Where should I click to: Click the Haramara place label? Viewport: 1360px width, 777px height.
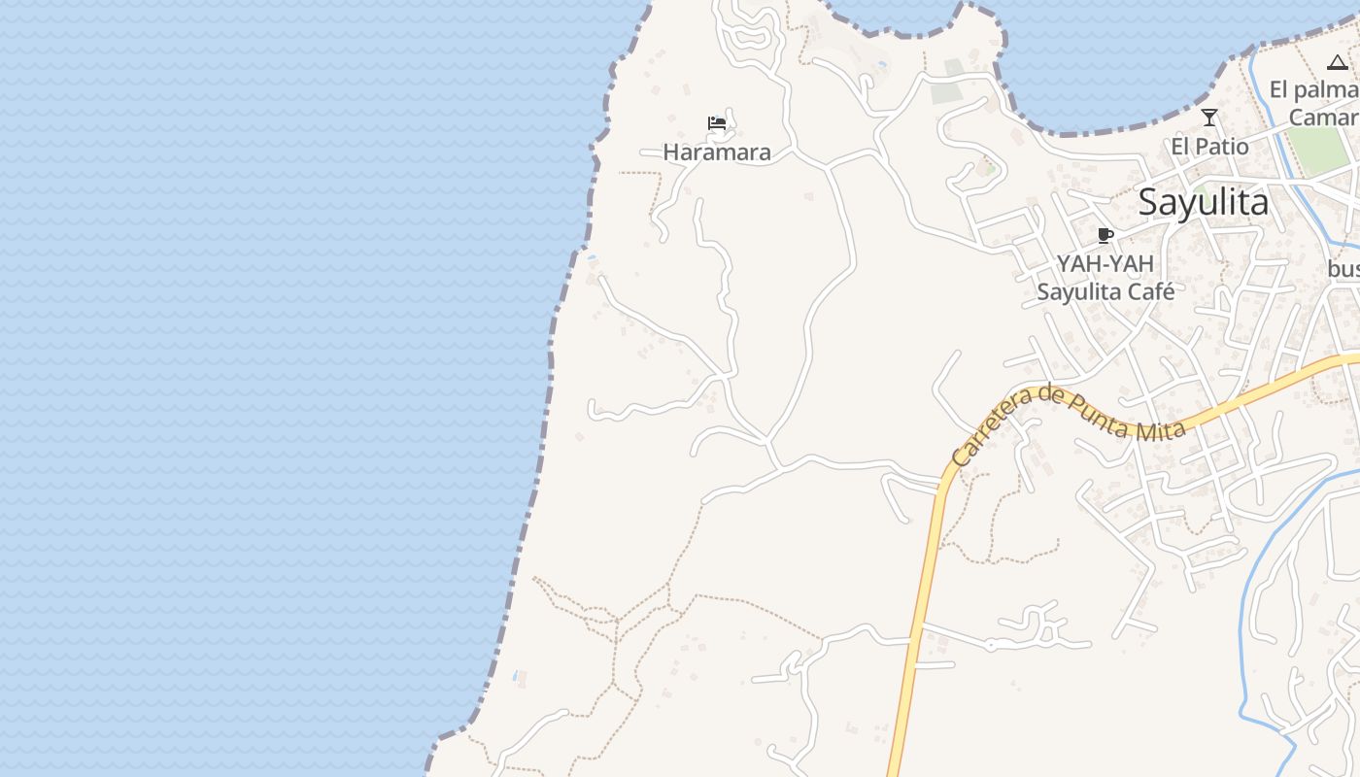tap(717, 152)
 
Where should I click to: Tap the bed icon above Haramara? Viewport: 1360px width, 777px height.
tap(717, 123)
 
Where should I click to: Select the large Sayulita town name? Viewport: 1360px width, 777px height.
tap(1203, 203)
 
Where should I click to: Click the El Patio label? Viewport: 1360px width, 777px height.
tap(1209, 147)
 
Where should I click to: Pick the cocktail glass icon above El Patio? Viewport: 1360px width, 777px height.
tap(1209, 118)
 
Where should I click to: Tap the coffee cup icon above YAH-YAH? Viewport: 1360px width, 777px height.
tap(1105, 235)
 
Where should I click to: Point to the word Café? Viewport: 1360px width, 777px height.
tap(1148, 291)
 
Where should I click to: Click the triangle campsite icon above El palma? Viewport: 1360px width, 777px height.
tap(1338, 63)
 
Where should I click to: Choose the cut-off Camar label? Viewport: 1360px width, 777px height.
tap(1324, 118)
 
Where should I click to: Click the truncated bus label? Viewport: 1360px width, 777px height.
tap(1344, 268)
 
